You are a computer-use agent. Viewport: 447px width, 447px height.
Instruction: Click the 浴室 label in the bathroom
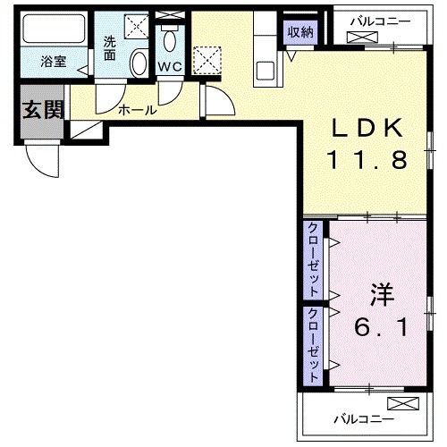click(x=53, y=63)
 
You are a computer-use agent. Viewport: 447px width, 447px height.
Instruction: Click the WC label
click(x=171, y=65)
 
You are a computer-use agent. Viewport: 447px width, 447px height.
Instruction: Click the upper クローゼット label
click(x=315, y=259)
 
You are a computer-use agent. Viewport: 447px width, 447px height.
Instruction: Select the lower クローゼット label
click(x=315, y=345)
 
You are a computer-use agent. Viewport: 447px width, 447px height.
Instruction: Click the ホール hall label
click(x=138, y=111)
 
